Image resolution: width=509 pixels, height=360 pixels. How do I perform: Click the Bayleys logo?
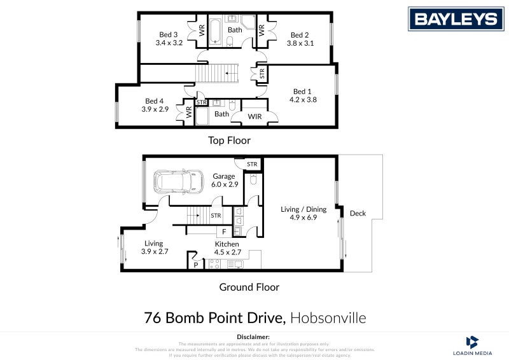455,19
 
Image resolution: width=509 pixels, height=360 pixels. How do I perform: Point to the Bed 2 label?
299,35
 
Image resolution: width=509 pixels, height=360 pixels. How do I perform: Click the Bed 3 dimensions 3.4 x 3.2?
169,43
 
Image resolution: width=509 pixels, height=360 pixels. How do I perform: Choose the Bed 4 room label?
155,101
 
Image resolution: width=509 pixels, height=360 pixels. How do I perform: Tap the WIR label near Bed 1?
254,116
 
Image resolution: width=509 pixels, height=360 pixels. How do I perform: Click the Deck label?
358,214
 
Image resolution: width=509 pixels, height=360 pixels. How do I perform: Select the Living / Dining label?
299,209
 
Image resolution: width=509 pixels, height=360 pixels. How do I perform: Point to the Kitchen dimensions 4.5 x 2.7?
227,253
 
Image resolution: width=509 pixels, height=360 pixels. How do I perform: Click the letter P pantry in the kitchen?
195,264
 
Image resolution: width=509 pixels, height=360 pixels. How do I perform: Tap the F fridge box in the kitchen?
224,232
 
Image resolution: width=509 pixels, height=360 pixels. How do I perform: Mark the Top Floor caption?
230,141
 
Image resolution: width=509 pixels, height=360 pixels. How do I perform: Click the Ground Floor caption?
249,287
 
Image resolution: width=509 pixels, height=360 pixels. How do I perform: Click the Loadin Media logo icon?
472,342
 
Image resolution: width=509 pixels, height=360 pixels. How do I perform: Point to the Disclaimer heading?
254,336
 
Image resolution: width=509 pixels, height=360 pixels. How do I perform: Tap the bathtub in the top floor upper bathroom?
214,30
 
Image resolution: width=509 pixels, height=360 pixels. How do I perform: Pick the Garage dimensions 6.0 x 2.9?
224,184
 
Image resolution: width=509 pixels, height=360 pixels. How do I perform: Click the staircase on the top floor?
216,73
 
